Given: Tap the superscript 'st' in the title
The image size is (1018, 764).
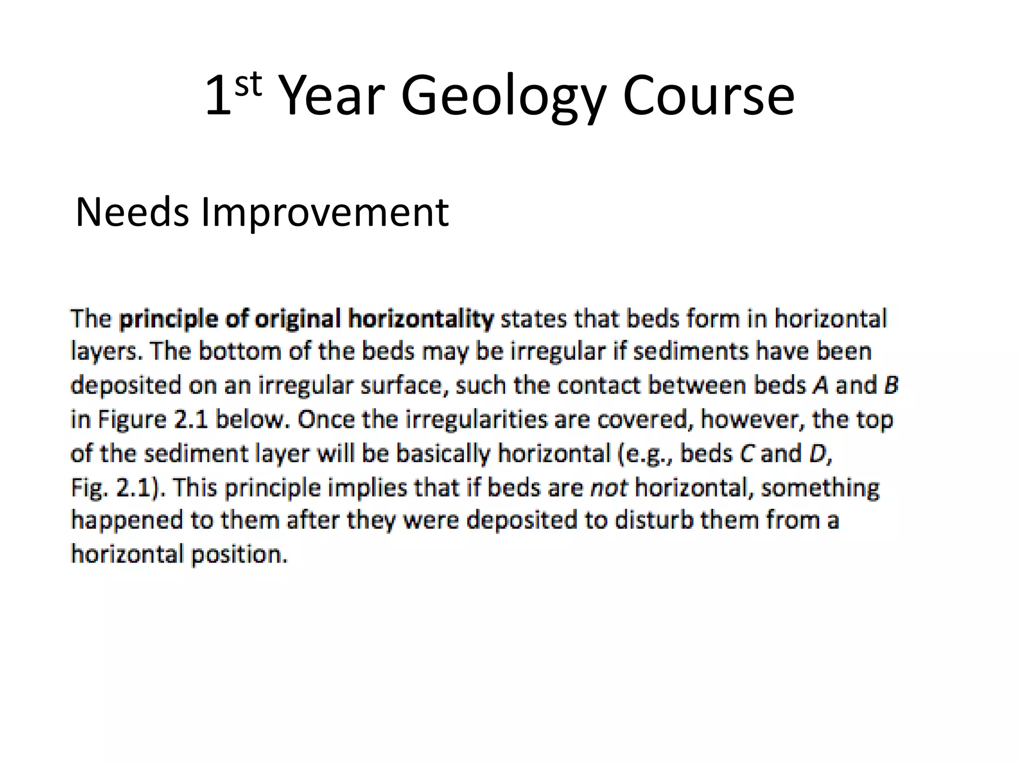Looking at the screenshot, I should (248, 84).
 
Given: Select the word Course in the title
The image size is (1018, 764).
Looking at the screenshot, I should (708, 96).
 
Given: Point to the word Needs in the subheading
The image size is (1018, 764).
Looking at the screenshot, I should (132, 212).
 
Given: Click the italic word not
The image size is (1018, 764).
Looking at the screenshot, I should (609, 487).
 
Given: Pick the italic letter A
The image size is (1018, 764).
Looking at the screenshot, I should (820, 385).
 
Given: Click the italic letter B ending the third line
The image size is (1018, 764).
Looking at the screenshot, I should (891, 385).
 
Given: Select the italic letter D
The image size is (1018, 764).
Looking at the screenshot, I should (818, 454).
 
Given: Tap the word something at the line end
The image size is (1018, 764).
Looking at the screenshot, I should (820, 488).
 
